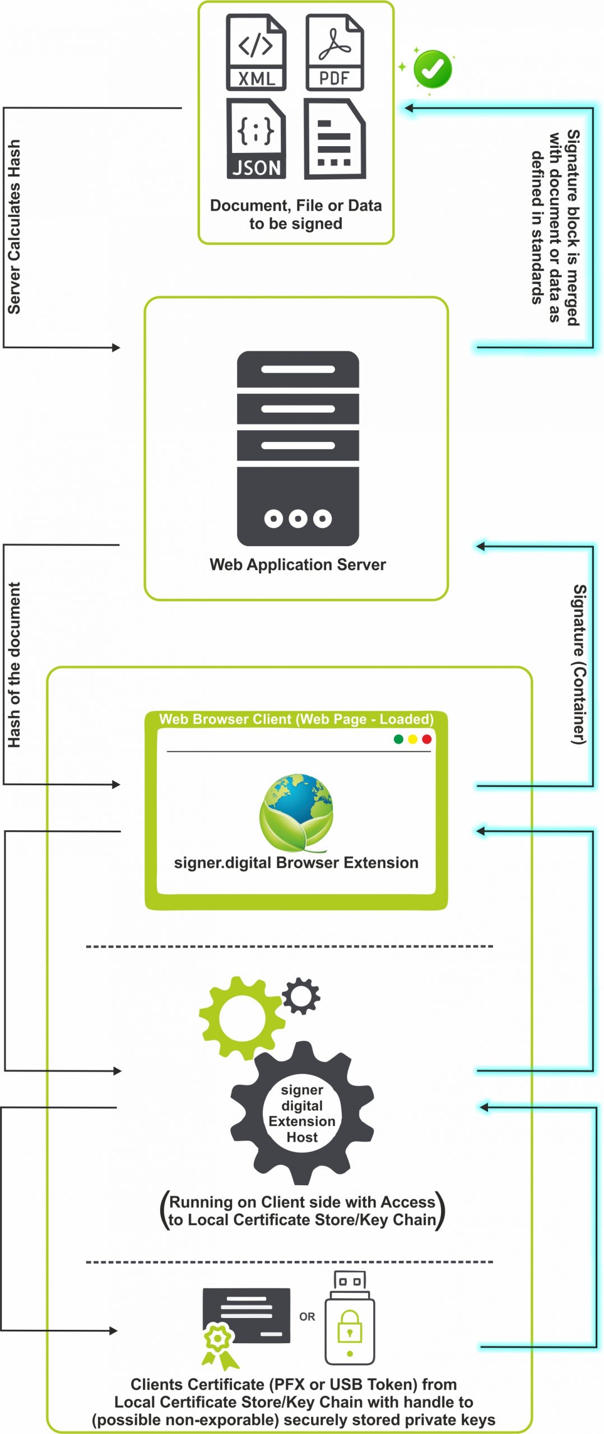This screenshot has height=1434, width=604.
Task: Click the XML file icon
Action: click(256, 53)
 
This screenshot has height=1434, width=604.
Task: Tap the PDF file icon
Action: click(334, 53)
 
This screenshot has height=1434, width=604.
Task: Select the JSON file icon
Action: click(256, 138)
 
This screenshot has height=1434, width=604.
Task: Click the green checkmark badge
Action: click(432, 69)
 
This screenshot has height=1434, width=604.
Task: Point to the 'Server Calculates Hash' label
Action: click(14, 227)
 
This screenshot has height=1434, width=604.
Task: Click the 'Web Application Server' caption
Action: click(298, 565)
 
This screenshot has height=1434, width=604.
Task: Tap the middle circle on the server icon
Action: click(298, 519)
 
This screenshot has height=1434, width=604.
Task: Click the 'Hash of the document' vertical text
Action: click(14, 664)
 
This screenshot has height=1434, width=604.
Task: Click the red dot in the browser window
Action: click(426, 739)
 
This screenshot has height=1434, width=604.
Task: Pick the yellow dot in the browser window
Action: click(412, 739)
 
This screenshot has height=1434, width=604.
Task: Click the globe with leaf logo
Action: click(297, 812)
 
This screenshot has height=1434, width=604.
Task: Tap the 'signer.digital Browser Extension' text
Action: click(296, 863)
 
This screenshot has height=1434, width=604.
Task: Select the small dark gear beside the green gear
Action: click(301, 996)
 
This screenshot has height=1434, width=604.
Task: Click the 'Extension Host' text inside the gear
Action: click(302, 1129)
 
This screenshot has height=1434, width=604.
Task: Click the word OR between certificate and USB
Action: click(307, 1316)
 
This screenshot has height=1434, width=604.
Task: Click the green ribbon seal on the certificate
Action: click(218, 1344)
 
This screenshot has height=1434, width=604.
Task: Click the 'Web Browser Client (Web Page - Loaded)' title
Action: click(296, 719)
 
